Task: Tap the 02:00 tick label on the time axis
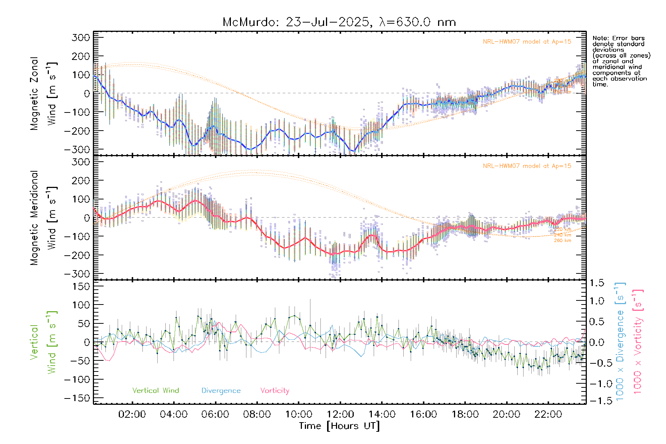click(x=132, y=414)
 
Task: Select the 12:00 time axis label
click(x=340, y=414)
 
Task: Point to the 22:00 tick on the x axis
click(x=548, y=414)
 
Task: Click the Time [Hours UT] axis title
click(x=339, y=426)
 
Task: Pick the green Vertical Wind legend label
click(x=155, y=391)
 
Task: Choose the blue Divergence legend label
click(x=221, y=391)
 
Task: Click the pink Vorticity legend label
click(x=275, y=391)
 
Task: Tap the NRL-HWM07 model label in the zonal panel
click(x=527, y=42)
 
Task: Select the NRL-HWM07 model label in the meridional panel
click(x=527, y=166)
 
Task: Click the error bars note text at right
click(x=621, y=61)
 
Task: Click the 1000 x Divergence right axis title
click(x=620, y=342)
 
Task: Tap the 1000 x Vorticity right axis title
click(x=638, y=342)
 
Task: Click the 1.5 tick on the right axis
click(x=597, y=283)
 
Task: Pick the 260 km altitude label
click(x=562, y=240)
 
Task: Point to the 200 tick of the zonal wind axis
click(x=81, y=56)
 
